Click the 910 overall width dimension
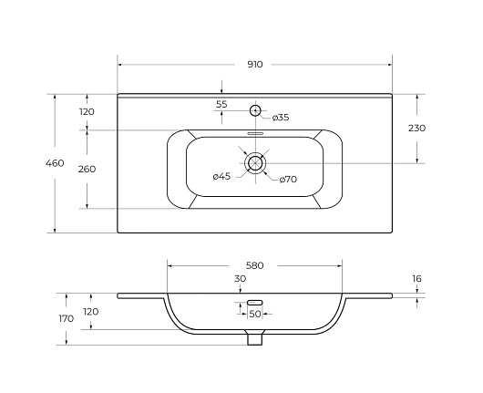pos(255,65)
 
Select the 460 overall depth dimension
pos(55,162)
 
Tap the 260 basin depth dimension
pos(87,169)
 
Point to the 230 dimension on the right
pos(416,128)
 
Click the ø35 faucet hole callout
pos(281,118)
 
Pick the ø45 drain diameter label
pos(221,177)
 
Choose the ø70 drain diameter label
pos(288,179)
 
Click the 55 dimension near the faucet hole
pos(221,104)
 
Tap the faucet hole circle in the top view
pos(255,110)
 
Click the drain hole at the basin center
pos(255,162)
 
